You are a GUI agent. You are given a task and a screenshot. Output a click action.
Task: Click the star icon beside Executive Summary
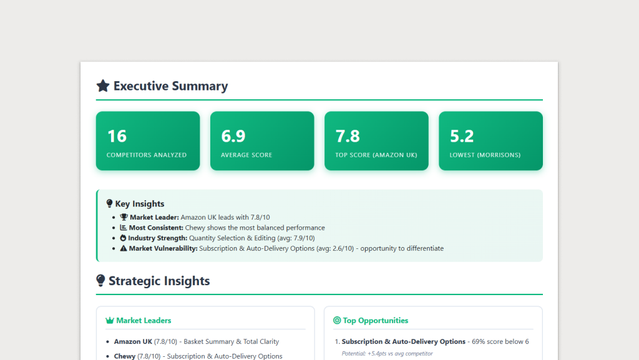tap(103, 86)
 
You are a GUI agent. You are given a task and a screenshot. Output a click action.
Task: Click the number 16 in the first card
tap(117, 136)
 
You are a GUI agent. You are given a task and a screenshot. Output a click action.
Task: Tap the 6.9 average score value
tap(233, 136)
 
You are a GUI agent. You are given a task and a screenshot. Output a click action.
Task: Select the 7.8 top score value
tap(348, 136)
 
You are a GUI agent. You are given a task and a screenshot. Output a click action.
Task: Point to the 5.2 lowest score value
tap(462, 136)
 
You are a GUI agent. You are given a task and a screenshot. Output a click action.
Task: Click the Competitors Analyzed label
tap(147, 155)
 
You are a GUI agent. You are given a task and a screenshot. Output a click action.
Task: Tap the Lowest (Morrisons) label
tap(485, 155)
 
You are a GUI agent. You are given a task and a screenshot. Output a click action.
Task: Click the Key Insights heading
tap(140, 203)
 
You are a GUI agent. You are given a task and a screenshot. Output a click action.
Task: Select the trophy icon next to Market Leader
tap(124, 217)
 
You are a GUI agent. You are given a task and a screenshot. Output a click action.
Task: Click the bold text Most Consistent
tap(156, 228)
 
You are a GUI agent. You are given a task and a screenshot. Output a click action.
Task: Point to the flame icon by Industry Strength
tap(124, 238)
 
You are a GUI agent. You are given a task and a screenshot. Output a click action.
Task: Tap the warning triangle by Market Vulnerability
tap(124, 248)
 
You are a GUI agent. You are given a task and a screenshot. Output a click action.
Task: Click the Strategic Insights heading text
tap(159, 281)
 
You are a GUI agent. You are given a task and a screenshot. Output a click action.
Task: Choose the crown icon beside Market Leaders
tap(110, 321)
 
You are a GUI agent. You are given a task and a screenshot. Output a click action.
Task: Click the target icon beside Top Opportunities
tap(337, 321)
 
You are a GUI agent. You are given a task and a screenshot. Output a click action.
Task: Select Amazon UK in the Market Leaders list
tap(133, 342)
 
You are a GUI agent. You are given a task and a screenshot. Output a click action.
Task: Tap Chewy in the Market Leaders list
tap(125, 356)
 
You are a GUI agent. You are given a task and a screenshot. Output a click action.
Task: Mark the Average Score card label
tap(246, 155)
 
